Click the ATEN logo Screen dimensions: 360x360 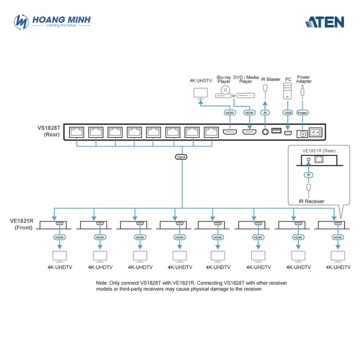[325, 22]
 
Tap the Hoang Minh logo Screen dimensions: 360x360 [52, 22]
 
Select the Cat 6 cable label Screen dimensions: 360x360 [181, 157]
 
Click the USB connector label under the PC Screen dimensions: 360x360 [288, 113]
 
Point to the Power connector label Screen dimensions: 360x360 [302, 113]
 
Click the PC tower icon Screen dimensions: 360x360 [287, 91]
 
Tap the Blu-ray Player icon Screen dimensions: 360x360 [224, 92]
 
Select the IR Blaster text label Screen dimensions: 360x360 [270, 80]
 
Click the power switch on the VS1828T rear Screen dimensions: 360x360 [315, 132]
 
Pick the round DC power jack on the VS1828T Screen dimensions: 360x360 [302, 134]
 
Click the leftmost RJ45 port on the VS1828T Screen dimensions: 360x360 [77, 132]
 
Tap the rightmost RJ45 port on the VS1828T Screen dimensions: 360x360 [211, 132]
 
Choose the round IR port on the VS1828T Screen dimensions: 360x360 [265, 132]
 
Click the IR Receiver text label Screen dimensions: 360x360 [311, 201]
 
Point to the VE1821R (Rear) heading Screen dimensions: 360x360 [319, 151]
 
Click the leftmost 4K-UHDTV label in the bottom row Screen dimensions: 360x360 [60, 267]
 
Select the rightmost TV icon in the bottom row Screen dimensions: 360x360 [338, 257]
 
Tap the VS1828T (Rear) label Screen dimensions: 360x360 [49, 131]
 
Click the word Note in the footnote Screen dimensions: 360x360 [102, 283]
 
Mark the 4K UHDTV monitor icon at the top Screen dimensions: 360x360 [201, 94]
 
